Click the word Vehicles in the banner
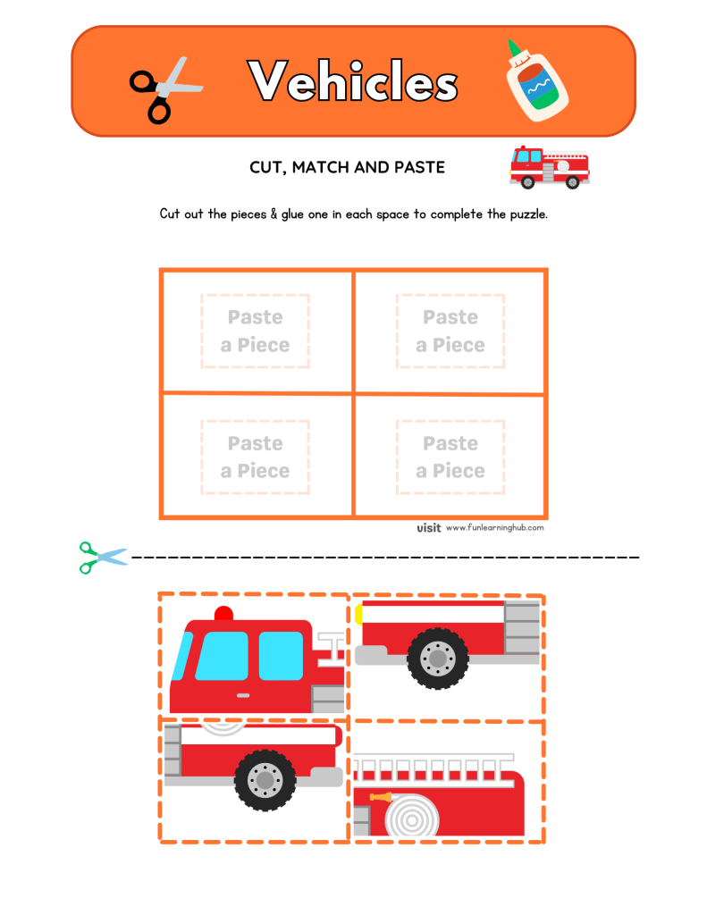point(354,83)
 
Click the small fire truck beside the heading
point(549,167)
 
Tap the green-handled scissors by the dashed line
point(101,557)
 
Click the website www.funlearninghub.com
point(494,528)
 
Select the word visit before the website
point(429,528)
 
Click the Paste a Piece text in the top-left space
point(256,331)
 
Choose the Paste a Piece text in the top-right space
point(450,331)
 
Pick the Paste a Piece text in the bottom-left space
point(256,457)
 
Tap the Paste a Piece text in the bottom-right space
point(450,457)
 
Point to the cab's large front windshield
point(222,656)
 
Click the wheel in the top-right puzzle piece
point(437,658)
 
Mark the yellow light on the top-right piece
point(358,613)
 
